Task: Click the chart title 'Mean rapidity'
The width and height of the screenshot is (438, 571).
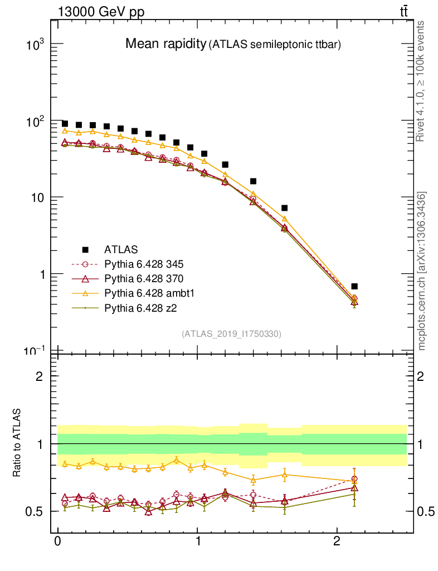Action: [165, 44]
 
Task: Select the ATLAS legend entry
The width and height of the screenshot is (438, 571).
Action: [121, 249]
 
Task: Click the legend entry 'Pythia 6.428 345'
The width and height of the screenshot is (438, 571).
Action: [144, 264]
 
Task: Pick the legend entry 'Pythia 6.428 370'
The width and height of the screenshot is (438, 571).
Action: [144, 278]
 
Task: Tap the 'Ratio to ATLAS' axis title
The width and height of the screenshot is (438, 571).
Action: [18, 444]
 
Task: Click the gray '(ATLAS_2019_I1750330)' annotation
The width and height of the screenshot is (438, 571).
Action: [231, 334]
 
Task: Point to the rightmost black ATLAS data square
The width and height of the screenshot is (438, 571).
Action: [354, 286]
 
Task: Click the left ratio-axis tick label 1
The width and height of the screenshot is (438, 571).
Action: [40, 444]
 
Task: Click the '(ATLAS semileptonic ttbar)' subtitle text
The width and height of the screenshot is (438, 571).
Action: [274, 45]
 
